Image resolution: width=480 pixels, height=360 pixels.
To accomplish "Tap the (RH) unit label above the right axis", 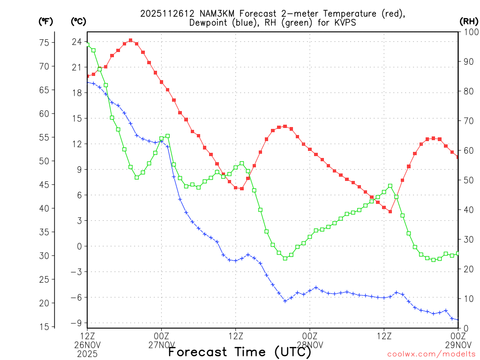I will coord(469,21).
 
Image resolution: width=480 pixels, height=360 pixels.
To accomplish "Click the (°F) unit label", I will coord(46,21).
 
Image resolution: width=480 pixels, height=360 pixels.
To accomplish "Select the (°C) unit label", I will coord(79,21).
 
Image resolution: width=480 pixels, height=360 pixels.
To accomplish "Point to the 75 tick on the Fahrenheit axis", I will coord(44,43).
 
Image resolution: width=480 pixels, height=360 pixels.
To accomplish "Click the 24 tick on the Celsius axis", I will coord(77,42).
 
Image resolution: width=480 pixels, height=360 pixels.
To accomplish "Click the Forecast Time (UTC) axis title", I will coord(240,352).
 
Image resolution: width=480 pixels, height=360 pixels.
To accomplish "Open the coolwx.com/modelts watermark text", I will coord(431,353).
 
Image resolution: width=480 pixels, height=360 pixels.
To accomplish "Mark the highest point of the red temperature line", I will coord(130,40).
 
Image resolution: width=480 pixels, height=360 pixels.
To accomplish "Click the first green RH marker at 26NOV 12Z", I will coord(88,44).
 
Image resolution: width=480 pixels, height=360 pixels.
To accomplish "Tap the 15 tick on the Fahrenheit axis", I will coord(44,327).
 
